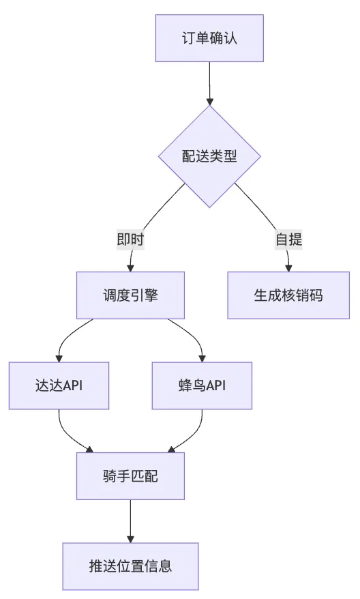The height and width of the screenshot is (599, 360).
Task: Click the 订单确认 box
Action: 209,38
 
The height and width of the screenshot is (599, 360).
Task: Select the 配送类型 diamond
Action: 209,157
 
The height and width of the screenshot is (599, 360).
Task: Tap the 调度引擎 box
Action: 130,295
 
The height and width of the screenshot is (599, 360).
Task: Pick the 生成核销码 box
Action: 288,295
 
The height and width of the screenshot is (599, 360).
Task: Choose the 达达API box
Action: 59,386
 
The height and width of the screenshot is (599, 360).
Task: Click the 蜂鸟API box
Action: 202,386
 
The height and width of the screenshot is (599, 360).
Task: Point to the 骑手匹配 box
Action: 130,476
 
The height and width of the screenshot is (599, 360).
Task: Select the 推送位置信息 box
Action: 130,566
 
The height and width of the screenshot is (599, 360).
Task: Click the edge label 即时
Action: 130,239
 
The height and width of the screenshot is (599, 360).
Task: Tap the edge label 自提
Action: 288,239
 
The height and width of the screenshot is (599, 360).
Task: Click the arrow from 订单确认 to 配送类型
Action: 209,83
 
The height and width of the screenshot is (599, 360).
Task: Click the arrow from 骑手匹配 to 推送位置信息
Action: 130,521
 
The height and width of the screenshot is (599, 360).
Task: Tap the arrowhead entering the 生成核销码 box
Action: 288,268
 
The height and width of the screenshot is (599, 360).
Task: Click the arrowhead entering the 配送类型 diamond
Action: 209,102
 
